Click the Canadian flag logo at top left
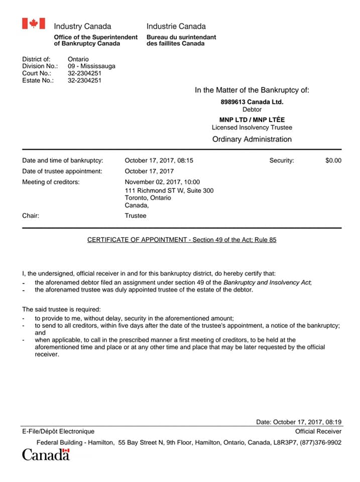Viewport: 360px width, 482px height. pos(33,24)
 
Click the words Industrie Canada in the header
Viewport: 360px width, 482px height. pos(176,26)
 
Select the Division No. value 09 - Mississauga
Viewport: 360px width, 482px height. pos(91,66)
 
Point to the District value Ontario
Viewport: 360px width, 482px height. pos(78,59)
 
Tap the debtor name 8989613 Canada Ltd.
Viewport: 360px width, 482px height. pos(252,102)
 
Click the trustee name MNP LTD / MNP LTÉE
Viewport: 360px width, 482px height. pos(252,119)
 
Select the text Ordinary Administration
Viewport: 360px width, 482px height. pos(252,139)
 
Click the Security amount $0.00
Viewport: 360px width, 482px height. pos(333,161)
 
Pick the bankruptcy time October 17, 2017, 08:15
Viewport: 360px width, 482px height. pos(159,161)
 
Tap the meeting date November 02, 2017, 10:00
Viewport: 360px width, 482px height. pos(162,182)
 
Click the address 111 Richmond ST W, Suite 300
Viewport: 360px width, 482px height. pos(169,190)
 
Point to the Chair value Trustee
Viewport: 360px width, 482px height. pos(136,215)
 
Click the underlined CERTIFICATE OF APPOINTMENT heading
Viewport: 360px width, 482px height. pos(182,240)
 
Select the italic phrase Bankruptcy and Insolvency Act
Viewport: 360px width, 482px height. pos(267,283)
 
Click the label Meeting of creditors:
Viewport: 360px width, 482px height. pos(51,182)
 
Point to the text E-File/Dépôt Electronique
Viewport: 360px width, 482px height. pos(58,431)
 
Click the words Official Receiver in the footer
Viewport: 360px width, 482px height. pos(318,431)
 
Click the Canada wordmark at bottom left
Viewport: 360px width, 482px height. pos(46,455)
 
